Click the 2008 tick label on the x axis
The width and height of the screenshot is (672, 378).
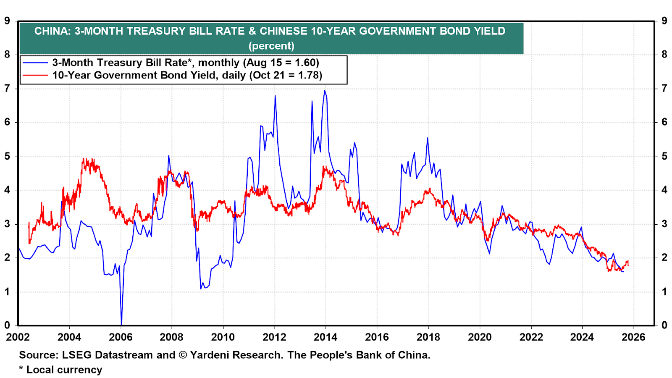click(171, 337)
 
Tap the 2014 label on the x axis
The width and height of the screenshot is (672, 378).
click(325, 337)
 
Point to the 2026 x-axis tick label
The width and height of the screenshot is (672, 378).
click(633, 337)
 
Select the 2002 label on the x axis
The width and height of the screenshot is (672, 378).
click(18, 337)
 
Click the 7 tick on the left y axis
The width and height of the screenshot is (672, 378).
click(7, 88)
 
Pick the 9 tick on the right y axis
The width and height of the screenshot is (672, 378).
click(664, 21)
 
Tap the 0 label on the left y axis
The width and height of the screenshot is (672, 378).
click(7, 325)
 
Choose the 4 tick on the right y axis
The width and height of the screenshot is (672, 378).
click(664, 190)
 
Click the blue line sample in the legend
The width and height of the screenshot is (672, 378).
click(35, 63)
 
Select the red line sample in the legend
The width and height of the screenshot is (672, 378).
click(35, 75)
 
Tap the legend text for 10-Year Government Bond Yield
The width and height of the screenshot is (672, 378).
click(187, 75)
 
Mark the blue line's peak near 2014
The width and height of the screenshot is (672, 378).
click(325, 91)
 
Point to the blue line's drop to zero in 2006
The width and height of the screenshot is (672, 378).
click(121, 324)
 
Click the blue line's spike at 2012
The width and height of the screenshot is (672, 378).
click(275, 96)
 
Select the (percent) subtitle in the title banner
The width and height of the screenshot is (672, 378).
click(271, 46)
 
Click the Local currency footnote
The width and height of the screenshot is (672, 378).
click(64, 370)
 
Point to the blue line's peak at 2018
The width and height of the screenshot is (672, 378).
click(428, 138)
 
